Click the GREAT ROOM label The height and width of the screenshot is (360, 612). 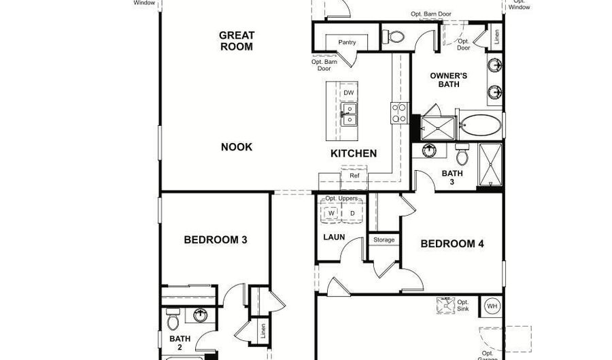236,41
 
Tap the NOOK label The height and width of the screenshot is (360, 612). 237,147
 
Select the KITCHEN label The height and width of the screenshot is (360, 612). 354,153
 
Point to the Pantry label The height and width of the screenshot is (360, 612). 347,43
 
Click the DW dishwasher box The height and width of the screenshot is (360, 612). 348,93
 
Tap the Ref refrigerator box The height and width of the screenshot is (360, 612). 354,176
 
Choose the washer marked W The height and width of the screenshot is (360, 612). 332,213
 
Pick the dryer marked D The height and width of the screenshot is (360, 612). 352,213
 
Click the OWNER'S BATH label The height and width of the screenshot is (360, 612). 449,80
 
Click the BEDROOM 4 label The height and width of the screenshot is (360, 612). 452,244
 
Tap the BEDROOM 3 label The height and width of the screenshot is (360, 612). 216,240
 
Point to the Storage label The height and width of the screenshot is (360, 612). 384,240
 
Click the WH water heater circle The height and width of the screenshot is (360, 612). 492,306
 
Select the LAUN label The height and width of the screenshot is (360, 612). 333,238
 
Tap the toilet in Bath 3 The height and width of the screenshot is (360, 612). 462,154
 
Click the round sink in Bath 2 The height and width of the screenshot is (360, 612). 201,315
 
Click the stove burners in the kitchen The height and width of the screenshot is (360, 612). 398,112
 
